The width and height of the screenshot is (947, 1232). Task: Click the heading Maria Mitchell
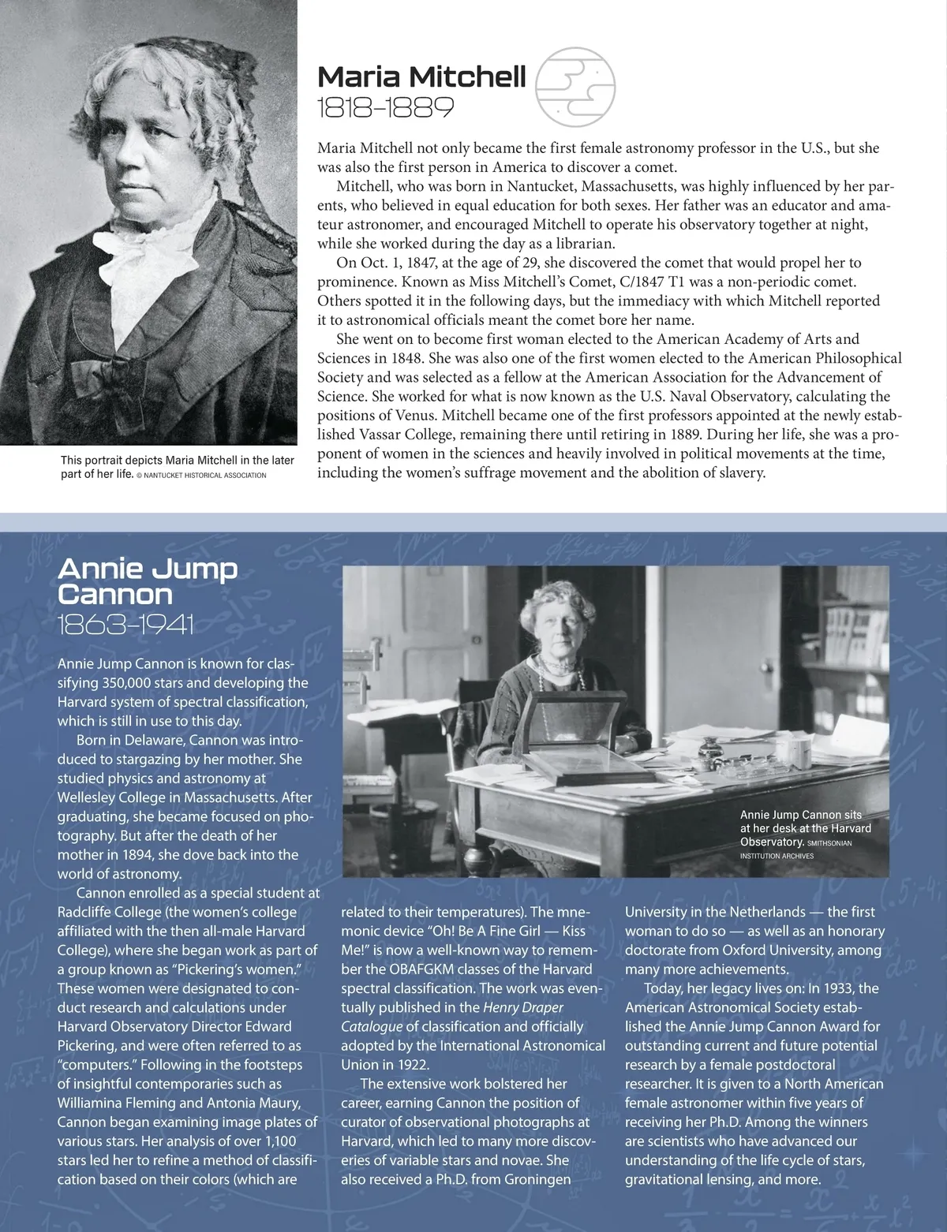421,77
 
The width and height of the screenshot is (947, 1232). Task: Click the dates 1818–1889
385,107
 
